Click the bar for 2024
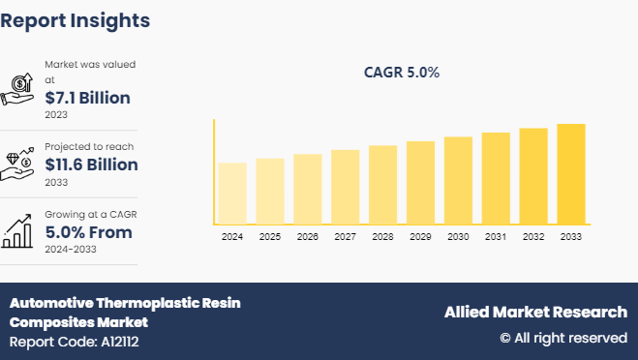[x=232, y=194]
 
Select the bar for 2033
[x=571, y=174]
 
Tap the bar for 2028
[x=383, y=185]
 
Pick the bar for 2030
[x=458, y=181]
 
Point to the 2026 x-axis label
[x=308, y=237]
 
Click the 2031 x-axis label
[x=496, y=237]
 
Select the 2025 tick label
[x=270, y=237]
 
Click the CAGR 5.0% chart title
[x=402, y=72]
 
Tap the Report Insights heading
[x=76, y=19]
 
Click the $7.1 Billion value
[x=87, y=98]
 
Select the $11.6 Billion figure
[x=91, y=165]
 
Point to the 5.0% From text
[x=88, y=232]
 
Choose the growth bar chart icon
[x=18, y=229]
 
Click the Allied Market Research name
[x=535, y=312]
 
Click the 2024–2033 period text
[x=72, y=249]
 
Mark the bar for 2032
[x=533, y=176]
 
